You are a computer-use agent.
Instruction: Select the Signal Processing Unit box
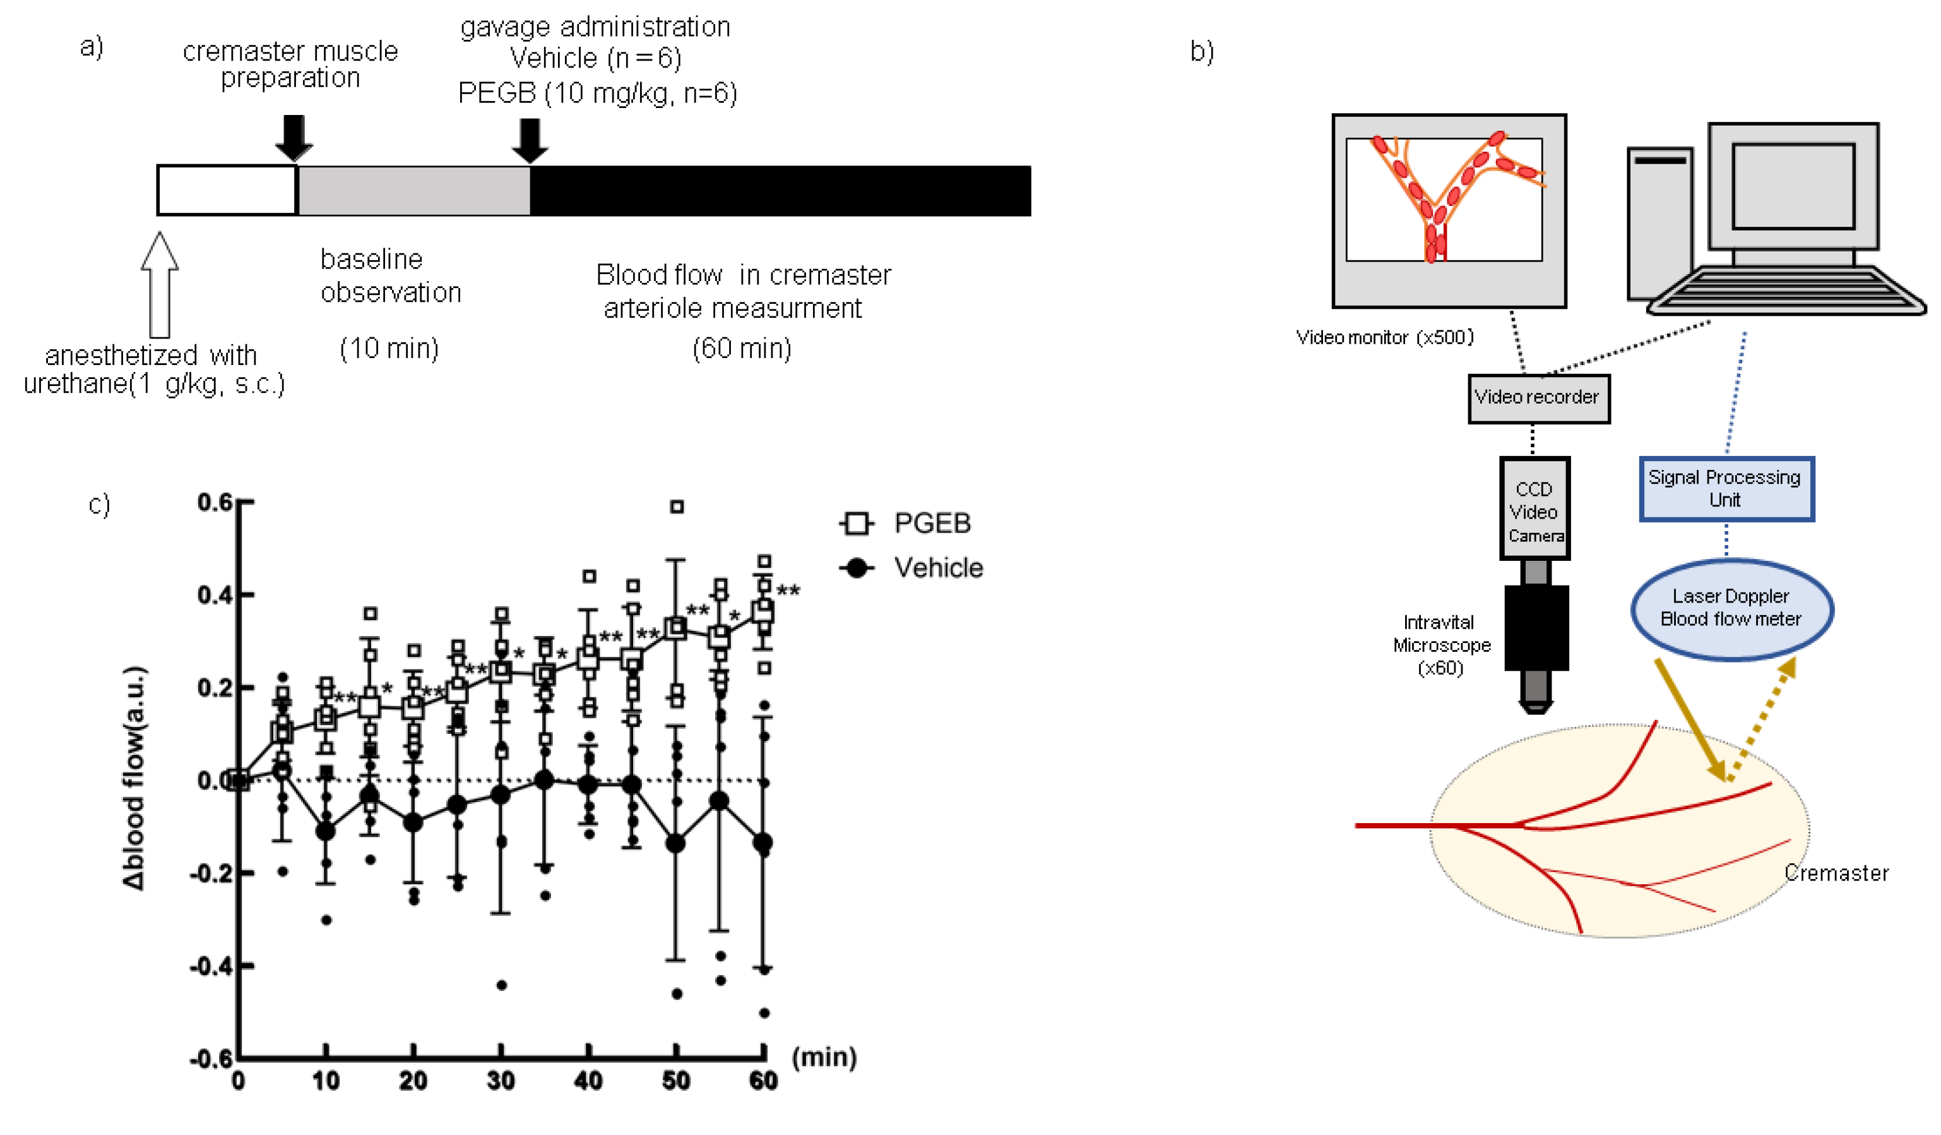(1726, 488)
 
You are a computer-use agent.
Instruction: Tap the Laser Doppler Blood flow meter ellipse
(1731, 609)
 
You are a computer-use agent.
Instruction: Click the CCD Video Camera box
(1534, 508)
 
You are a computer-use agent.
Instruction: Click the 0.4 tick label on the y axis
(215, 595)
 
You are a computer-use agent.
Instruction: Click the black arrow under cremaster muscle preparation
(294, 137)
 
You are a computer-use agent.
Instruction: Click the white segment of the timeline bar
(227, 190)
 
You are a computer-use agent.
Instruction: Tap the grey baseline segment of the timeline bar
(413, 190)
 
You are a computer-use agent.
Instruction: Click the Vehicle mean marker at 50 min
(675, 844)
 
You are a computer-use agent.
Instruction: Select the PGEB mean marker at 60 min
(763, 612)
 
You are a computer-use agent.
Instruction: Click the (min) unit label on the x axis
(824, 1057)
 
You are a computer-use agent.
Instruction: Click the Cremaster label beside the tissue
(1836, 873)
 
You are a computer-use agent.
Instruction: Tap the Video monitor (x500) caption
(1385, 337)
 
